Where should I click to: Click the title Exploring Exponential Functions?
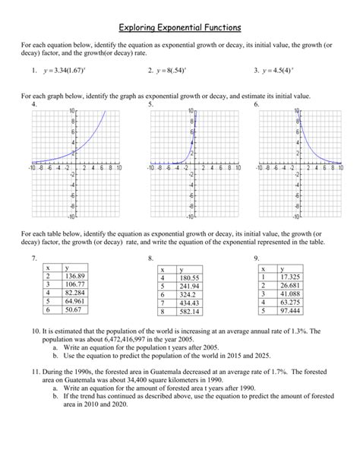pos(180,27)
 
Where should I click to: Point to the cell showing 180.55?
pos(186,278)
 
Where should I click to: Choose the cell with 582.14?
pos(186,312)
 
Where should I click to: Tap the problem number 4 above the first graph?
pos(33,104)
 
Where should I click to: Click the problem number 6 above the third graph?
pos(256,104)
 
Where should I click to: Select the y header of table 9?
pos(282,268)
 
